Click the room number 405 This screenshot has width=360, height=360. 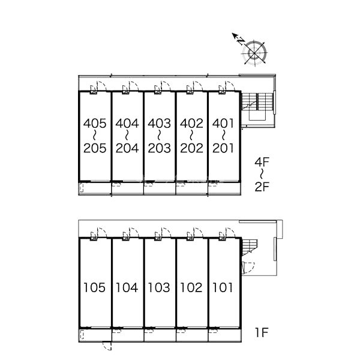(95, 124)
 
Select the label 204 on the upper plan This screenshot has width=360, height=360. (127, 148)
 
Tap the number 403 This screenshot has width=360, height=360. (160, 124)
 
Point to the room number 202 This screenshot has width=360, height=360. (192, 148)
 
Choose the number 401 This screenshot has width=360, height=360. (223, 124)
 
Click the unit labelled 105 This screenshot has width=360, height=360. (94, 287)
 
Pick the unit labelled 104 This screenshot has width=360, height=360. (127, 287)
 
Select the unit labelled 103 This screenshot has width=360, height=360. (159, 287)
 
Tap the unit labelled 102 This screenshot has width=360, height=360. (191, 287)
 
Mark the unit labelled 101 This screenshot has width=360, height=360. (223, 287)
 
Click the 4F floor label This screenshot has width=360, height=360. (262, 163)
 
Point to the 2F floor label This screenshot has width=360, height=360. (262, 187)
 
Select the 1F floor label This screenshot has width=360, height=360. (262, 332)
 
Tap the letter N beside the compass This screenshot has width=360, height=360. (241, 41)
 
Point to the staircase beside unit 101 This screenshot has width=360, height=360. (250, 247)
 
